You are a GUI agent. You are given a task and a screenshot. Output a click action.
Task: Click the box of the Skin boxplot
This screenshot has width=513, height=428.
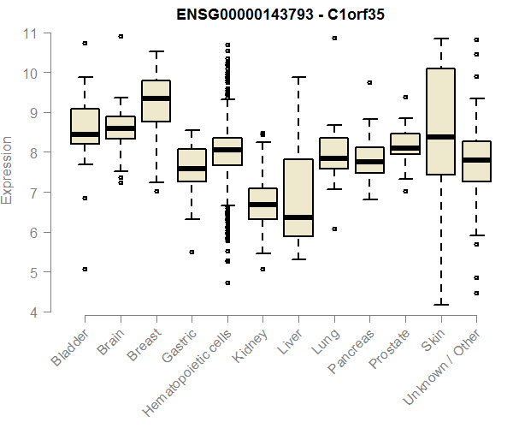pos(440,121)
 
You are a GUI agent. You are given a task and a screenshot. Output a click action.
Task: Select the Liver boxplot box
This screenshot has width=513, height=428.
pos(298,198)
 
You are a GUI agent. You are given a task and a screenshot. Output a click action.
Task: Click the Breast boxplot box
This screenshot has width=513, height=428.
pos(156,101)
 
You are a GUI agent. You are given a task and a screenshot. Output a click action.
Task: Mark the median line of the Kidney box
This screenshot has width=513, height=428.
pos(262,205)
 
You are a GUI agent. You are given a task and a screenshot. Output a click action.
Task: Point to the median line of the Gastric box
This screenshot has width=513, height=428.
pos(192,169)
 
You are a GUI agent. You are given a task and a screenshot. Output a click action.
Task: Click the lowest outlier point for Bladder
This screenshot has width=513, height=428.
pos(85,269)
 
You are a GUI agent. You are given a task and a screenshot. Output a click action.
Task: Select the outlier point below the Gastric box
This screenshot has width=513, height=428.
pos(192,252)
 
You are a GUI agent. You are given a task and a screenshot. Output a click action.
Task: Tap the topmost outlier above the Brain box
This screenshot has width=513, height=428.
pos(121,37)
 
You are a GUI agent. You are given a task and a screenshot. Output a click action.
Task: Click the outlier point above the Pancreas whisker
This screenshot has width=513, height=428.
pos(369,83)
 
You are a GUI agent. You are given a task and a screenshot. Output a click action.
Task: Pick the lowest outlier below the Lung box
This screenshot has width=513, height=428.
pos(333,229)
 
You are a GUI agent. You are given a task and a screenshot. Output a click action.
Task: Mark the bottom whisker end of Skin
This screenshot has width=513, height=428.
pos(440,304)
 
